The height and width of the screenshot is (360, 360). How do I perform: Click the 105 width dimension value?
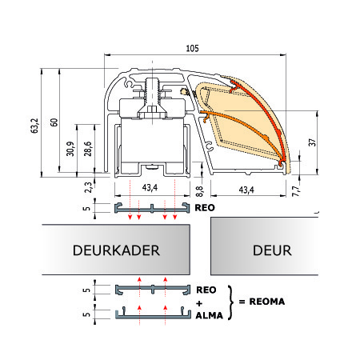click(192, 48)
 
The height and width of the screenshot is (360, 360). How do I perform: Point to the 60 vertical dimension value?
click(54, 122)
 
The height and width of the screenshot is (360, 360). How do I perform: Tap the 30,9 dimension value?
click(70, 149)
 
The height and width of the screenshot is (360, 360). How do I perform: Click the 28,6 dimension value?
click(88, 149)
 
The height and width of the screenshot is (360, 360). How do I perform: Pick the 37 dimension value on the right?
click(312, 142)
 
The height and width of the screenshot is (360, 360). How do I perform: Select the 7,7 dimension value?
click(296, 191)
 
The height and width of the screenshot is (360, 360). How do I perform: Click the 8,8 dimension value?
click(199, 191)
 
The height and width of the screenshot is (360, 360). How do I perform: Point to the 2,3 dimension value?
click(88, 187)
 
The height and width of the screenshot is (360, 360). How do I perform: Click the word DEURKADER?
click(116, 250)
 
